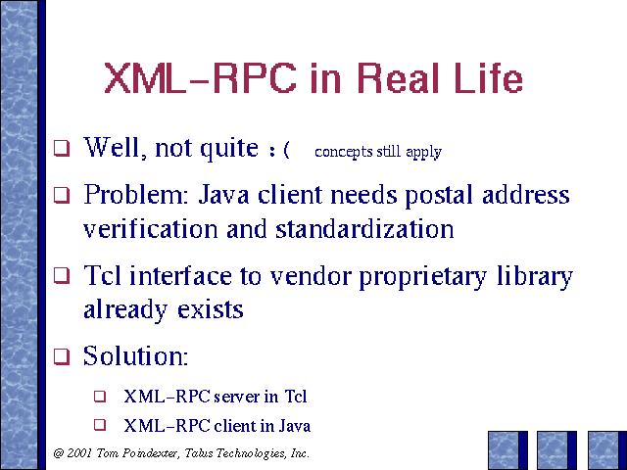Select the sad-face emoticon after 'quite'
279,150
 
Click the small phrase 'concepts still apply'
378,152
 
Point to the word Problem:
136,195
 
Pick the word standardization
364,229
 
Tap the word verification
151,229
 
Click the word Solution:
135,355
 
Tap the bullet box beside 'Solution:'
62,356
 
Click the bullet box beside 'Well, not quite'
62,148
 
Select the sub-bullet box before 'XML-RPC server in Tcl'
100,396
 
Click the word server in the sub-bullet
237,397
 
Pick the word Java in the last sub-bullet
295,426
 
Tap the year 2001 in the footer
80,453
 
